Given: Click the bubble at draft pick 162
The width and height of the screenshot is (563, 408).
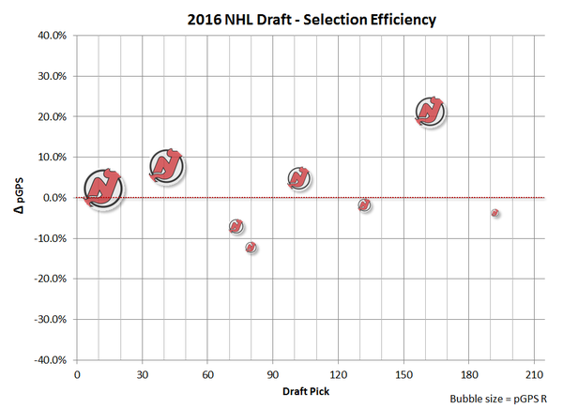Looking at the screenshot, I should click(430, 112).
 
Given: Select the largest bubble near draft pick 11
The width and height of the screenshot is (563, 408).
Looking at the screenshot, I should click(103, 188).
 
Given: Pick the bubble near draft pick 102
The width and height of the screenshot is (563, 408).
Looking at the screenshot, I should click(299, 178).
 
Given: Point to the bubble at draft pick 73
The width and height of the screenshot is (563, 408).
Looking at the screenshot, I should click(236, 226).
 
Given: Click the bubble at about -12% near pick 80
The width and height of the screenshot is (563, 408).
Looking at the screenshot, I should click(251, 248).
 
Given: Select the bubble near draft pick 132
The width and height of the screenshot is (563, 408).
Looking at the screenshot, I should click(364, 204).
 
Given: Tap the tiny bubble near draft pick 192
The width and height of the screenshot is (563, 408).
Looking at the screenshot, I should click(495, 213).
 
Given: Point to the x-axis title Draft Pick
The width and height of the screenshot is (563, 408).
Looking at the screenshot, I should click(305, 388).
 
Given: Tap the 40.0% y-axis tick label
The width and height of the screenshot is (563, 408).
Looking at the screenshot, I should click(51, 36).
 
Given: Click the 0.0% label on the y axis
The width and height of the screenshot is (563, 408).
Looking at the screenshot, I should click(53, 198).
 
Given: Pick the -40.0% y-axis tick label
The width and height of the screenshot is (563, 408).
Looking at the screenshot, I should click(49, 360).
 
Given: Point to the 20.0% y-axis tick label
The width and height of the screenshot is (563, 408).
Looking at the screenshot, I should click(51, 117).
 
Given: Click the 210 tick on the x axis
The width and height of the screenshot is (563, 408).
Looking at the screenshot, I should click(534, 373).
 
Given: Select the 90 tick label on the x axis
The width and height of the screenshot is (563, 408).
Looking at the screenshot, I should click(272, 373).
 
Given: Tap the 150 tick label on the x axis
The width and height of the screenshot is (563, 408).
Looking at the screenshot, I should click(403, 373).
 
